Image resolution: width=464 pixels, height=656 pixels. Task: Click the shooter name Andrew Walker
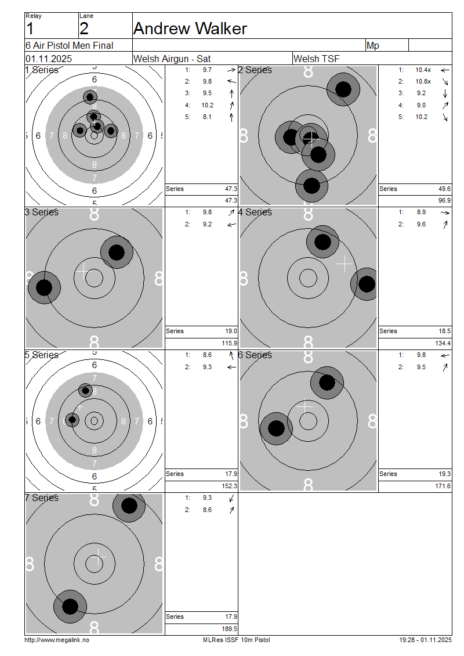190,28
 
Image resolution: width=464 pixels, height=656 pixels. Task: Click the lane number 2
84,28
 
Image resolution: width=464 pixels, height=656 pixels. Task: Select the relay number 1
30,28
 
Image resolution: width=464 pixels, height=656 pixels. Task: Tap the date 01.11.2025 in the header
49,59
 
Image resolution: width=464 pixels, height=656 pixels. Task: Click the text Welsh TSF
317,59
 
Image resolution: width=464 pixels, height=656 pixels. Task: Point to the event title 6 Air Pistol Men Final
70,45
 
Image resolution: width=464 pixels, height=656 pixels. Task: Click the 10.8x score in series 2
423,82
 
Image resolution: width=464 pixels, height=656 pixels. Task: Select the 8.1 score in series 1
207,117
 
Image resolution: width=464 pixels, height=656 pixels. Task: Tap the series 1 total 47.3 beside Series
231,189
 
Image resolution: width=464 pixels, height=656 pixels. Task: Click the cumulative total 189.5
230,629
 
